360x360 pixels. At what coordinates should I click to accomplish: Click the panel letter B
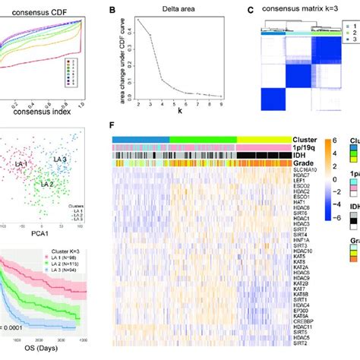pyautogui.click(x=114, y=11)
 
